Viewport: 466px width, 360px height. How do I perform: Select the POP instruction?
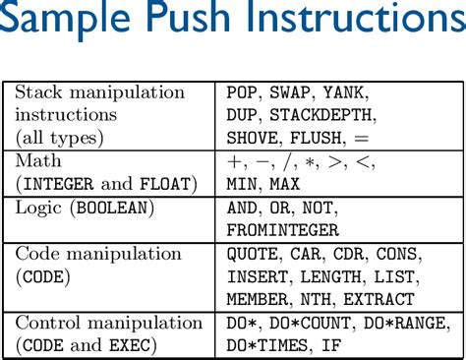coord(241,92)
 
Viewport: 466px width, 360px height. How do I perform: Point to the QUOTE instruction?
coord(250,254)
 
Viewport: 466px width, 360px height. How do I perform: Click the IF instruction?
coord(331,345)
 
